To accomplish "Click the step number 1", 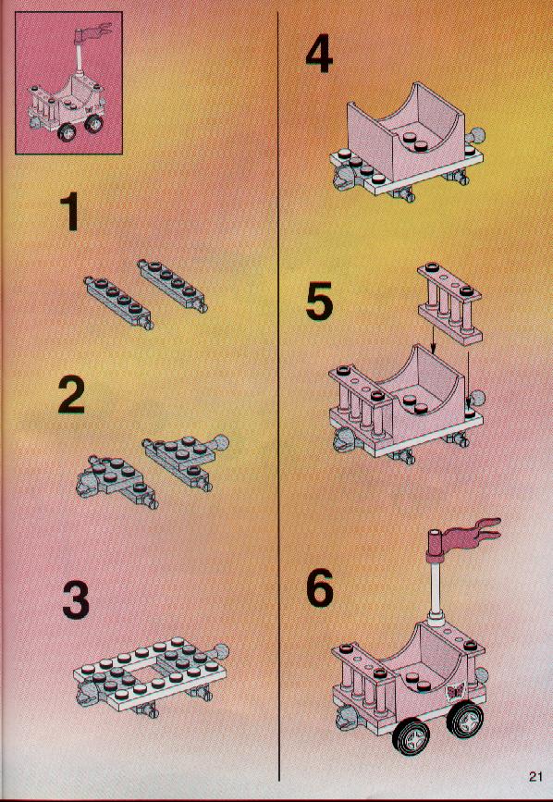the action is coord(69,212).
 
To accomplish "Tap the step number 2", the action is coord(71,394).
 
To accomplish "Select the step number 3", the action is coord(76,600).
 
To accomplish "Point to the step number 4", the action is coord(319,55).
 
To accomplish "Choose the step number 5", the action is coord(319,302).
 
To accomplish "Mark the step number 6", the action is coord(320,587).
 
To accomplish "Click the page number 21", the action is coord(535,776).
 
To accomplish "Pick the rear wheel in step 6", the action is coord(465,719).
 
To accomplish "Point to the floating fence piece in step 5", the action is coord(449,302).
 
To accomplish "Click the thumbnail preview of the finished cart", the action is coord(69,82).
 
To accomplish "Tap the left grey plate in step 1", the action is coord(119,302).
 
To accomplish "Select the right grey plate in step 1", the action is coord(172,286).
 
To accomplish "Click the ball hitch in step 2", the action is coord(220,443).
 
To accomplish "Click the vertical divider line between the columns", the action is coord(279,397).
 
